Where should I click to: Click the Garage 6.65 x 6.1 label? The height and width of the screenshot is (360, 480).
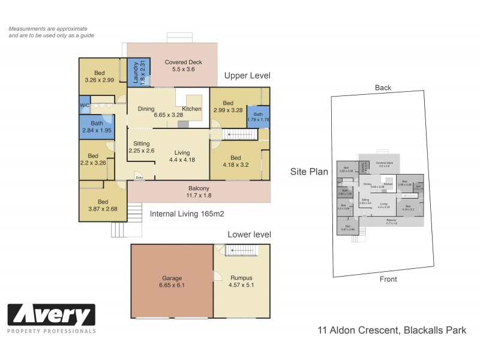172,282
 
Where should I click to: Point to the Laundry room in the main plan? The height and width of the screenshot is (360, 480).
136,73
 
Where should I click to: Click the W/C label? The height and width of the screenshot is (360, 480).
85,105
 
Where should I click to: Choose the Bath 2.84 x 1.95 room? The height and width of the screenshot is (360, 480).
97,127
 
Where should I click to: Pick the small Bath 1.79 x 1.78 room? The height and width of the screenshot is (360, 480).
258,117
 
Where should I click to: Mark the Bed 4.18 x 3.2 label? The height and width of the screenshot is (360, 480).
235,161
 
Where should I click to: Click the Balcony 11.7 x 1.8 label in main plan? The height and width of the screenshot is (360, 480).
198,191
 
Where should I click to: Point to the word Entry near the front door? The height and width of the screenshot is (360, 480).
139,178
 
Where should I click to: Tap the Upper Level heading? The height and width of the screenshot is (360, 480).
247,76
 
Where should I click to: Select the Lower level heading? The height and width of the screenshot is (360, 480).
248,235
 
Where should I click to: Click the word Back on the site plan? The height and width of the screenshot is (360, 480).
383,88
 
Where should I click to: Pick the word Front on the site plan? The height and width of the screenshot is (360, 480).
390,279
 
